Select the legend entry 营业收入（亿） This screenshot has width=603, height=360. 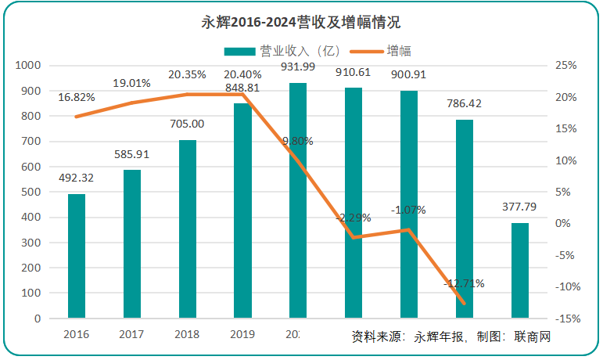[281, 51]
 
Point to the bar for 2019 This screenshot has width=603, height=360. [242, 211]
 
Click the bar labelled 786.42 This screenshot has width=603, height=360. [465, 218]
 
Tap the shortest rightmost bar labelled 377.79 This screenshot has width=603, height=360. [520, 270]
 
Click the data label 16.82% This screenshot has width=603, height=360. [77, 97]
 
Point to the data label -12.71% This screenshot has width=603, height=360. [465, 283]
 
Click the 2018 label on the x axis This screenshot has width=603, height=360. [187, 334]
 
